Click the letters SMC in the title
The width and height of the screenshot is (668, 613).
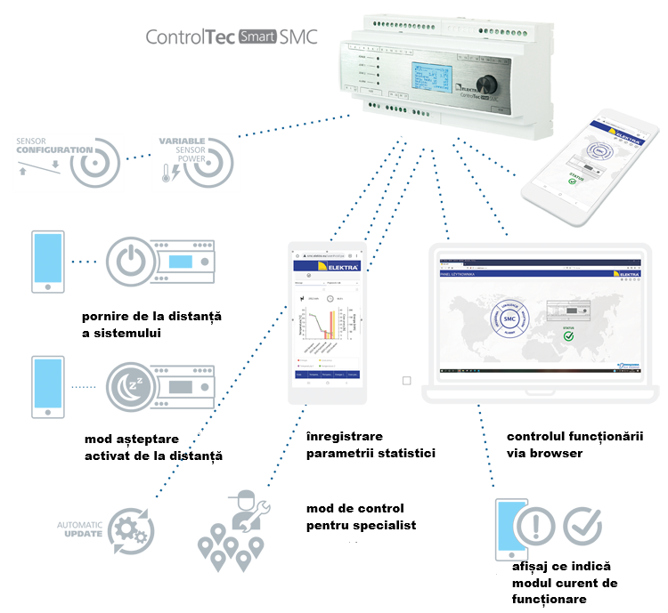(298, 38)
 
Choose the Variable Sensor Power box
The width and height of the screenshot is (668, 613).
(196, 164)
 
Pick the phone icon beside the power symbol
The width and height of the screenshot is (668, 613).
(47, 261)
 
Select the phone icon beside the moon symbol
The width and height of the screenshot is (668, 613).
(47, 386)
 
